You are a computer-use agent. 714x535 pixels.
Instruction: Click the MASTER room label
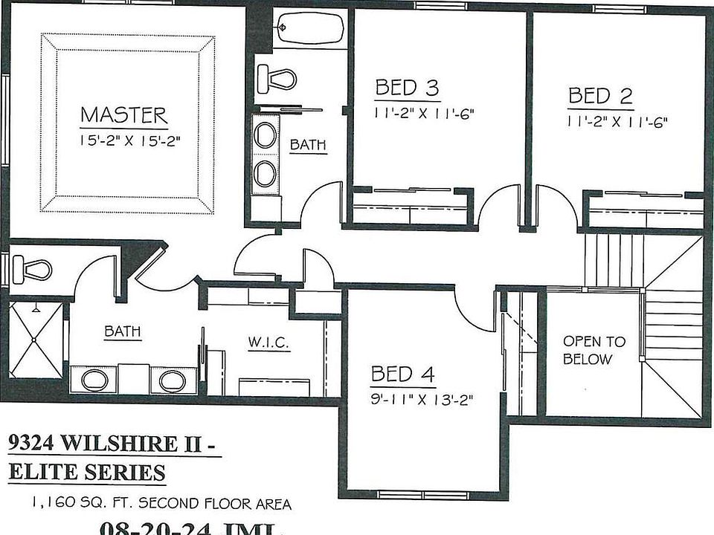tap(123, 116)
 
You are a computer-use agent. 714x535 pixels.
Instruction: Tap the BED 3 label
tap(406, 88)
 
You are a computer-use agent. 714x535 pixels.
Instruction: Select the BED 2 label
tap(600, 96)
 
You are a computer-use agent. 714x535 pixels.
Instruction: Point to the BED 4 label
tap(402, 373)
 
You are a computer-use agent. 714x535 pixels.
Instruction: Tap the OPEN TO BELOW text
tap(594, 350)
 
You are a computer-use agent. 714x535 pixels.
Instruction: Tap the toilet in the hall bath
tap(276, 77)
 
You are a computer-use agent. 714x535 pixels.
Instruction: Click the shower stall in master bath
tap(35, 340)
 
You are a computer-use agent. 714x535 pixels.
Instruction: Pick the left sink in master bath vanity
tap(94, 380)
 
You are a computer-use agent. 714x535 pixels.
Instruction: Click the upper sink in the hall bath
tap(265, 135)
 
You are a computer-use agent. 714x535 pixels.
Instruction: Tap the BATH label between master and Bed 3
tap(308, 145)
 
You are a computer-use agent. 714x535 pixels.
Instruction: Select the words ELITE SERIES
tap(87, 471)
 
